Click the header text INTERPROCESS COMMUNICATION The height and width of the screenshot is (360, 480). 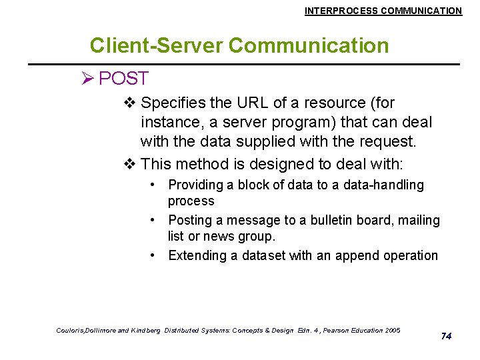(x=383, y=11)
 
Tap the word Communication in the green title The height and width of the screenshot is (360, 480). (x=308, y=45)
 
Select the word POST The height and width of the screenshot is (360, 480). (x=123, y=79)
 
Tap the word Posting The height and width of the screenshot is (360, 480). (x=190, y=220)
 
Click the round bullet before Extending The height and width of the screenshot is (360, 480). (x=153, y=255)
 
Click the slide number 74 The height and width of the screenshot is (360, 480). (x=446, y=336)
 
